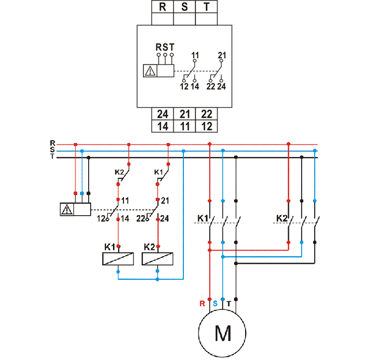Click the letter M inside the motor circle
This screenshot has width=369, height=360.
(x=222, y=333)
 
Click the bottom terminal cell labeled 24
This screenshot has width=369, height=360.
(x=162, y=114)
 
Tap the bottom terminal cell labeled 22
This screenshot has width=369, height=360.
(x=206, y=114)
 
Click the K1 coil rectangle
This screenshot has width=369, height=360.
(x=118, y=259)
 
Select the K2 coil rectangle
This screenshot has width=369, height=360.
(x=158, y=259)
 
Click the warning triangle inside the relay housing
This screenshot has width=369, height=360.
(x=150, y=71)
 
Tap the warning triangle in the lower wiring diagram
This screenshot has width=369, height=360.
(x=67, y=209)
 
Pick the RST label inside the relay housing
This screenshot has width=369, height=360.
(x=165, y=47)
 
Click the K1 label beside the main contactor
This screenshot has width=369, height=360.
(x=202, y=219)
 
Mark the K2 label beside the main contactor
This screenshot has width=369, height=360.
(x=281, y=219)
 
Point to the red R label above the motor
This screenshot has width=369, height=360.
(x=202, y=303)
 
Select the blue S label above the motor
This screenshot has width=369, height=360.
(x=215, y=303)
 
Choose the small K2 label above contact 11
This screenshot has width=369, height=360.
(x=119, y=172)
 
